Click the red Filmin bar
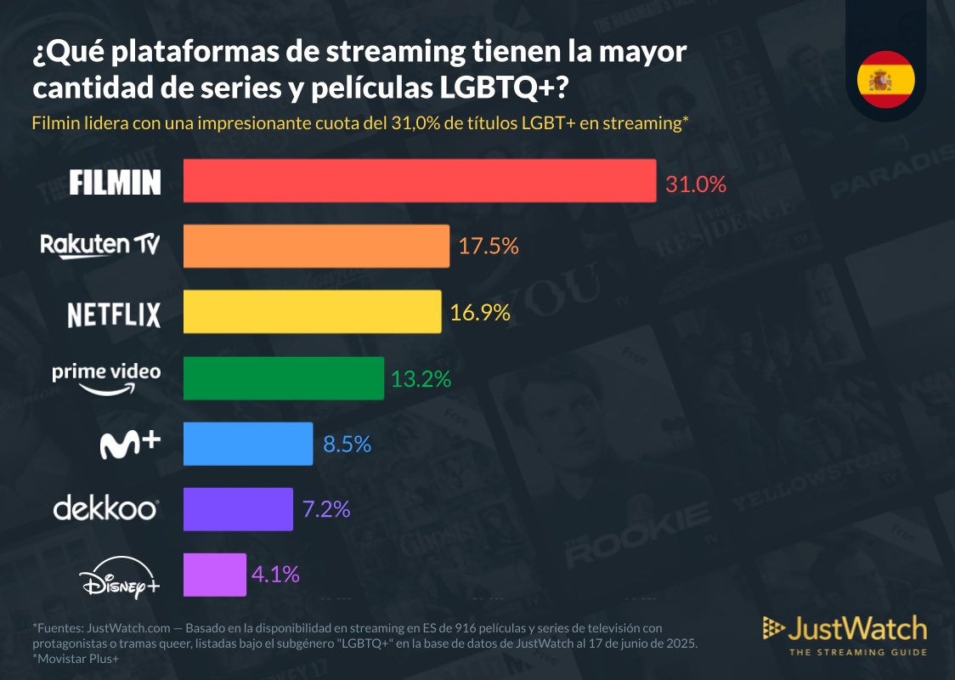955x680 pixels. pyautogui.click(x=420, y=181)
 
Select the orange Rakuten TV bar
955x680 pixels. pyautogui.click(x=316, y=246)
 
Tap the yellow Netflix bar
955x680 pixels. pyautogui.click(x=312, y=312)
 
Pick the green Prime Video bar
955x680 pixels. pyautogui.click(x=284, y=378)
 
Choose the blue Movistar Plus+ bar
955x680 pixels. pyautogui.click(x=248, y=444)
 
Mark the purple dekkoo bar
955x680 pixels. pyautogui.click(x=238, y=509)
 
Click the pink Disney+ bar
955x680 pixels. pyautogui.click(x=214, y=575)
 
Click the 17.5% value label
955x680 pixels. pyautogui.click(x=489, y=246)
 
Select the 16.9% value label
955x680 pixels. pyautogui.click(x=480, y=313)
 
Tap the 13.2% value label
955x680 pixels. pyautogui.click(x=421, y=378)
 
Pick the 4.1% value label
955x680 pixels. pyautogui.click(x=275, y=575)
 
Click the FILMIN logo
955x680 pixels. pyautogui.click(x=115, y=182)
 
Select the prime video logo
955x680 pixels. pyautogui.click(x=106, y=377)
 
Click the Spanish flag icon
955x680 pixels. pyautogui.click(x=885, y=80)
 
